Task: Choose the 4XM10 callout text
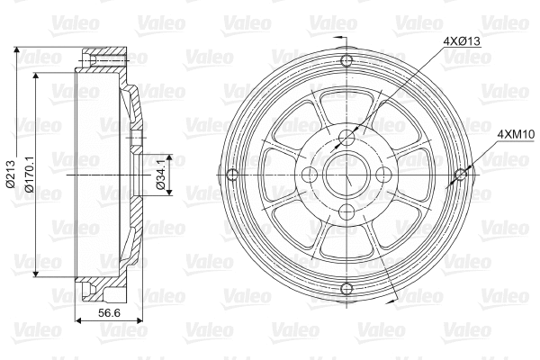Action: tap(517, 134)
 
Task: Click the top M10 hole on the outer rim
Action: tap(347, 61)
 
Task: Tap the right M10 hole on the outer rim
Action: tap(461, 174)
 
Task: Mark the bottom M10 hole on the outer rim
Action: tap(347, 287)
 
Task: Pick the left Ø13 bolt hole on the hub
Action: tap(310, 174)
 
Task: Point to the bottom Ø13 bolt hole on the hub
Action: tap(347, 211)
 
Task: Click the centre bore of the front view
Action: tap(347, 174)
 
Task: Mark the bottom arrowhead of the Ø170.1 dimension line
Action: tap(36, 273)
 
